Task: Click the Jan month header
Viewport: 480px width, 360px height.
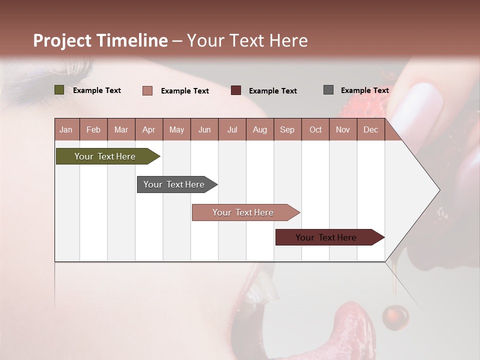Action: click(x=66, y=129)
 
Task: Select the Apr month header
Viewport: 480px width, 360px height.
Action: click(x=148, y=129)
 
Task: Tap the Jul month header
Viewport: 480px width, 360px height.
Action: click(x=232, y=129)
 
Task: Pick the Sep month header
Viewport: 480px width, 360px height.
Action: click(x=287, y=129)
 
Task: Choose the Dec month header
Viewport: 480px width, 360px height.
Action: click(x=370, y=129)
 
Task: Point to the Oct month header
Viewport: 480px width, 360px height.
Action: click(x=315, y=129)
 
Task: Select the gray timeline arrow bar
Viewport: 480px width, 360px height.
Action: click(x=175, y=184)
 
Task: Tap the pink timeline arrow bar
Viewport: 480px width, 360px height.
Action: click(x=244, y=212)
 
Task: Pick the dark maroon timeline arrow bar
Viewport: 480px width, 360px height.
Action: click(x=327, y=237)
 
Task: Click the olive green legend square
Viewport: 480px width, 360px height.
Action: click(x=59, y=90)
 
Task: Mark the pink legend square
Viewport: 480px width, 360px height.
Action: click(x=147, y=90)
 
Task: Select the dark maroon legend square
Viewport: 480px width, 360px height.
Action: click(x=236, y=90)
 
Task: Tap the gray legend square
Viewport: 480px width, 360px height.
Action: click(x=328, y=90)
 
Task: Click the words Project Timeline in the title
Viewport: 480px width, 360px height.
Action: click(x=100, y=40)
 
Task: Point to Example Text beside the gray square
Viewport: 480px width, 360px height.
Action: click(x=364, y=90)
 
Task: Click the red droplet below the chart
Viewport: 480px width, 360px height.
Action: click(x=395, y=316)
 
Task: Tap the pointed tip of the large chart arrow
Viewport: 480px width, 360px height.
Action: click(x=439, y=190)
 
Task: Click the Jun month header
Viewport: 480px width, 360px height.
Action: click(x=204, y=129)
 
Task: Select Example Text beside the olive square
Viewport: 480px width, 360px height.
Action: click(x=97, y=90)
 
